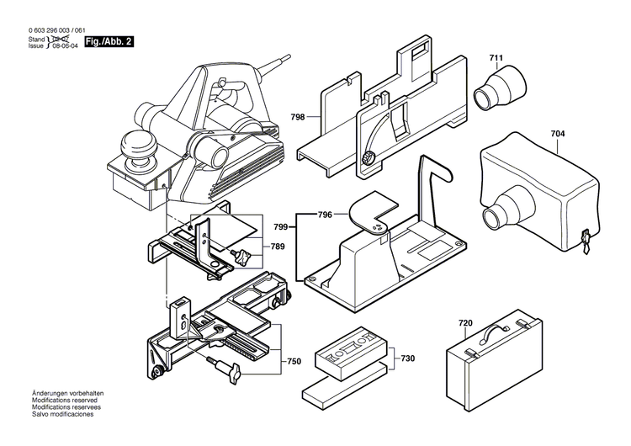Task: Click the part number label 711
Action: coord(496,58)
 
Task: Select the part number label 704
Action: coord(558,133)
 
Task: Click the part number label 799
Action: coord(281,226)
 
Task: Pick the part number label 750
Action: coord(294,361)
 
